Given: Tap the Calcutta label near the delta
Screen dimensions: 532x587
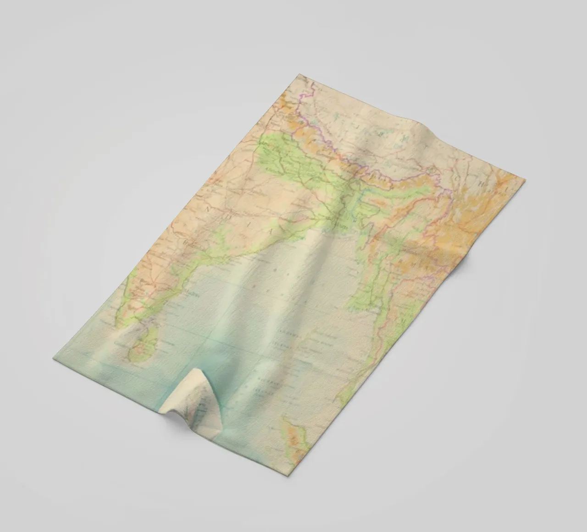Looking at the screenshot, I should (x=342, y=227).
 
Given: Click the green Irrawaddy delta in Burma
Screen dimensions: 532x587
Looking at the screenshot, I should (x=367, y=298).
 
